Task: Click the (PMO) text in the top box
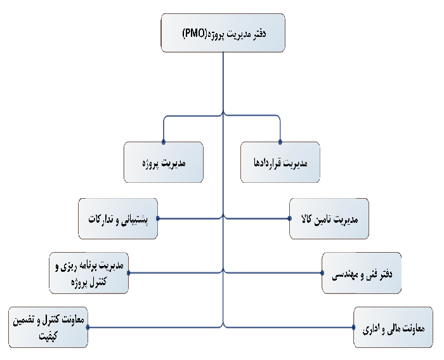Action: [195, 34]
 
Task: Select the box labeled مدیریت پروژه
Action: [164, 162]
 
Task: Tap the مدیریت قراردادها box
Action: [280, 162]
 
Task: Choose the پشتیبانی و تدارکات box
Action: [118, 218]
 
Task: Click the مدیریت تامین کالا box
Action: [329, 218]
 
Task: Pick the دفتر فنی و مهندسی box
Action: [362, 273]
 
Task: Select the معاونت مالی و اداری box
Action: [393, 327]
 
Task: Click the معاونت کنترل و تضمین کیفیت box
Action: [48, 327]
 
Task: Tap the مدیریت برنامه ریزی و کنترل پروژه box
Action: [89, 273]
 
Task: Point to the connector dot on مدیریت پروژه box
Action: [164, 142]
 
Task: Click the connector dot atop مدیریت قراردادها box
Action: [280, 142]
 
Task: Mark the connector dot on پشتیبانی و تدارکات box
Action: [158, 218]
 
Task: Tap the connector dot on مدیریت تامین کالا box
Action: [289, 218]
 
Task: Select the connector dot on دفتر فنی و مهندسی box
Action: [322, 273]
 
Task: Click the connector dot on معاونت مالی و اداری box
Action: [354, 327]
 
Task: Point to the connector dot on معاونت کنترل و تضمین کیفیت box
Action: [88, 327]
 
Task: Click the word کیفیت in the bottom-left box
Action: [48, 335]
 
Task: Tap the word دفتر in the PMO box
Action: [259, 34]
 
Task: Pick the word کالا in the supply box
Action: [307, 219]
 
